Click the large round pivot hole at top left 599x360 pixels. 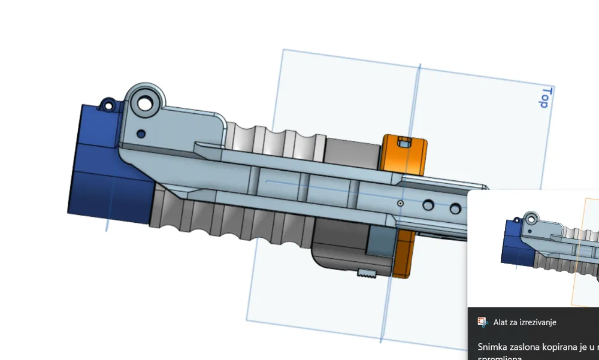coord(145,103)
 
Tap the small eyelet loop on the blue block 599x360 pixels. coord(108,107)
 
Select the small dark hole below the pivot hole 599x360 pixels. coord(141,133)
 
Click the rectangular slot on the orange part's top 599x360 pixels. coord(404,142)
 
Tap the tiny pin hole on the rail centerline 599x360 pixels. coord(400,204)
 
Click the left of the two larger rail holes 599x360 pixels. coord(428,205)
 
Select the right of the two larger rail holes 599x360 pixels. coord(456,208)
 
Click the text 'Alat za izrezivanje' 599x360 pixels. coord(525,322)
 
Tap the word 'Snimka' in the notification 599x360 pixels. coord(492,347)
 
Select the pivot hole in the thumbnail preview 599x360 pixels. coord(531,218)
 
